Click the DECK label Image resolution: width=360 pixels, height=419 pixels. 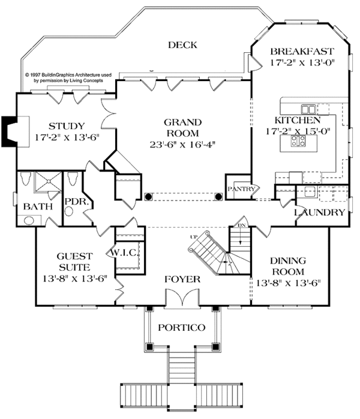pos(183,44)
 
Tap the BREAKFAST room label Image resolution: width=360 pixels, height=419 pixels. pos(302,50)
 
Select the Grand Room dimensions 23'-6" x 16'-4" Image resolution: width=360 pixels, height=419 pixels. pos(182,144)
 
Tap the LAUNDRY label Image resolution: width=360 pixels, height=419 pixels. pos(319,213)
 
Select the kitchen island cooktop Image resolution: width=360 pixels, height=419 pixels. pos(298,141)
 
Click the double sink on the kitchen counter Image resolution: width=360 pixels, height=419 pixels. pos(308,109)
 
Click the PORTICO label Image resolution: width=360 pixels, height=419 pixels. pos(182,327)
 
